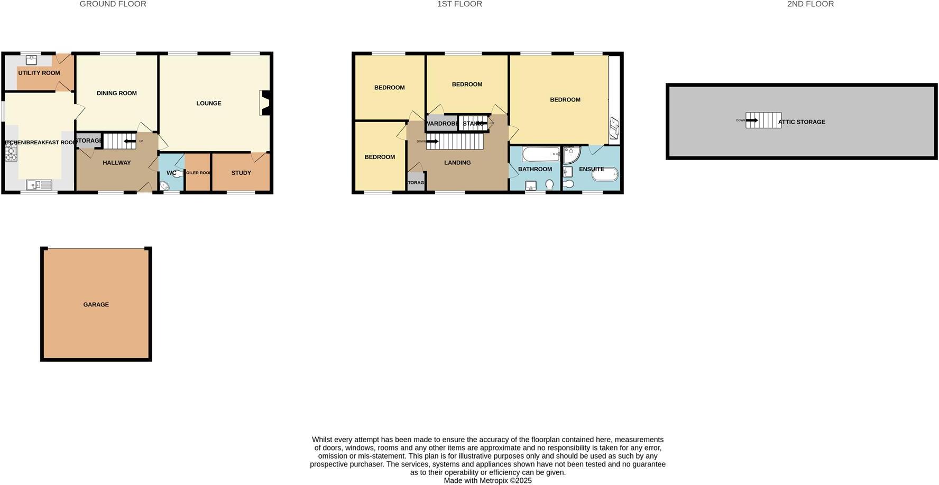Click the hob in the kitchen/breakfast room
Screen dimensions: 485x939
11,151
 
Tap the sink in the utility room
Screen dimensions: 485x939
31,60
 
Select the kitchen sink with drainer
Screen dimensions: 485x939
39,184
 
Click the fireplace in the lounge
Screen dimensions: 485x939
265,103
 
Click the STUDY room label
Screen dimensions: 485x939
241,173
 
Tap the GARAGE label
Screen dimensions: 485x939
96,304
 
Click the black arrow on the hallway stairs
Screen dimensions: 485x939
129,141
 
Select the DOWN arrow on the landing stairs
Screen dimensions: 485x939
432,141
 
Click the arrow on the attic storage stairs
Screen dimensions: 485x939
752,120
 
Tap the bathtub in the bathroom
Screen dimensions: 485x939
541,154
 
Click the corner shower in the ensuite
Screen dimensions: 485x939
571,154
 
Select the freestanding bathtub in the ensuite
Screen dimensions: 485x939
604,174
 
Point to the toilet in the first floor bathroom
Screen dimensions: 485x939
550,184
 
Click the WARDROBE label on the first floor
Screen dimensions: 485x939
441,124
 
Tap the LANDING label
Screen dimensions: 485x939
457,163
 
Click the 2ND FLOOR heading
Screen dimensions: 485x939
810,4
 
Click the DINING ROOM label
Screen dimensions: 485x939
116,93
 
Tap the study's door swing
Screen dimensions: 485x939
259,156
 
